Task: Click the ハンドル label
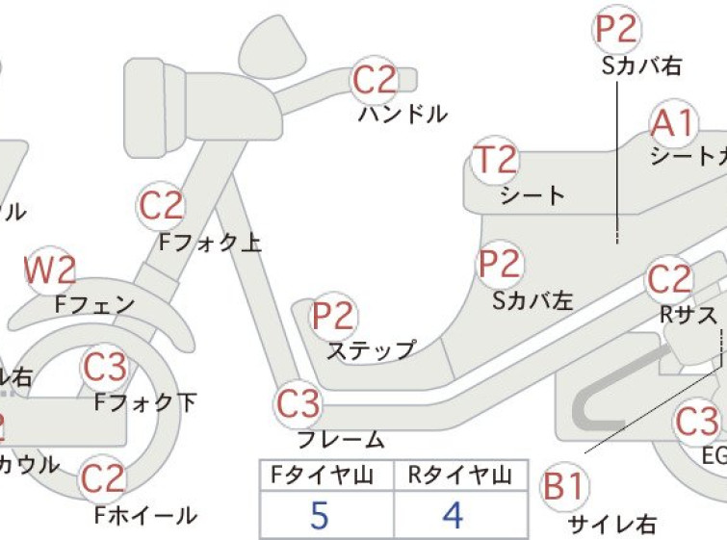pyautogui.click(x=402, y=115)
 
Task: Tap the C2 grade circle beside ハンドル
pyautogui.click(x=376, y=81)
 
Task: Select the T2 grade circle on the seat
pyautogui.click(x=496, y=161)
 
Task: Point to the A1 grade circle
pyautogui.click(x=672, y=124)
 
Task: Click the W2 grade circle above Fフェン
pyautogui.click(x=50, y=273)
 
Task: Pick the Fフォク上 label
pyautogui.click(x=210, y=243)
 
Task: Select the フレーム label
pyautogui.click(x=340, y=440)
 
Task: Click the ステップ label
pyautogui.click(x=372, y=350)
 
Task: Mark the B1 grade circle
pyautogui.click(x=564, y=488)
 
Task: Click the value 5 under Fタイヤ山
pyautogui.click(x=320, y=516)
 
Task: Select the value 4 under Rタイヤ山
pyautogui.click(x=453, y=516)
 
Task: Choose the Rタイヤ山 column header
pyautogui.click(x=454, y=475)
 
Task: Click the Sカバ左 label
pyautogui.click(x=532, y=300)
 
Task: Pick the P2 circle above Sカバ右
pyautogui.click(x=616, y=30)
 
